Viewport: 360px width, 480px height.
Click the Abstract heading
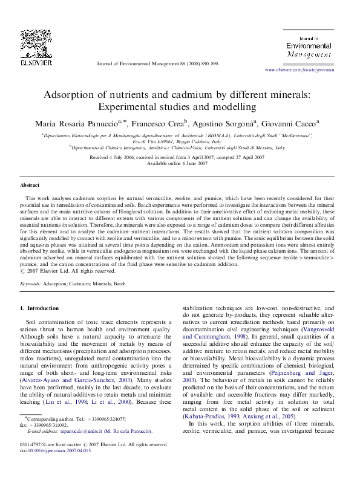click(30, 184)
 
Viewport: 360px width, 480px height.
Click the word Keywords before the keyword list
click(31, 282)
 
